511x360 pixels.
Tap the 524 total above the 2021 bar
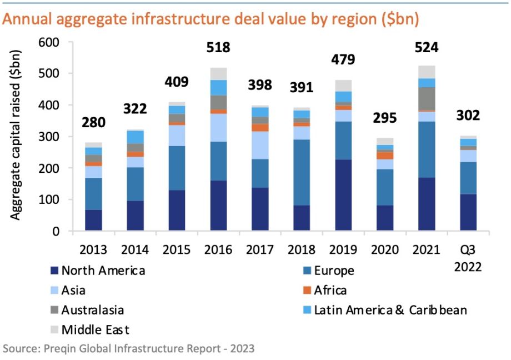pyautogui.click(x=427, y=47)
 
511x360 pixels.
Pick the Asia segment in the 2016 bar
pyautogui.click(x=218, y=127)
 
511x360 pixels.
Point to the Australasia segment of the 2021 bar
pyautogui.click(x=427, y=98)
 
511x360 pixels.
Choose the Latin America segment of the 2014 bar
pyautogui.click(x=135, y=137)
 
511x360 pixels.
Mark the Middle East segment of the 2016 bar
pyautogui.click(x=218, y=73)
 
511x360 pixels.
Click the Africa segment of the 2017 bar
pyautogui.click(x=260, y=127)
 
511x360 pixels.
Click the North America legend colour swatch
pyautogui.click(x=53, y=271)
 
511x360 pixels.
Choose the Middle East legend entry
pyautogui.click(x=95, y=330)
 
